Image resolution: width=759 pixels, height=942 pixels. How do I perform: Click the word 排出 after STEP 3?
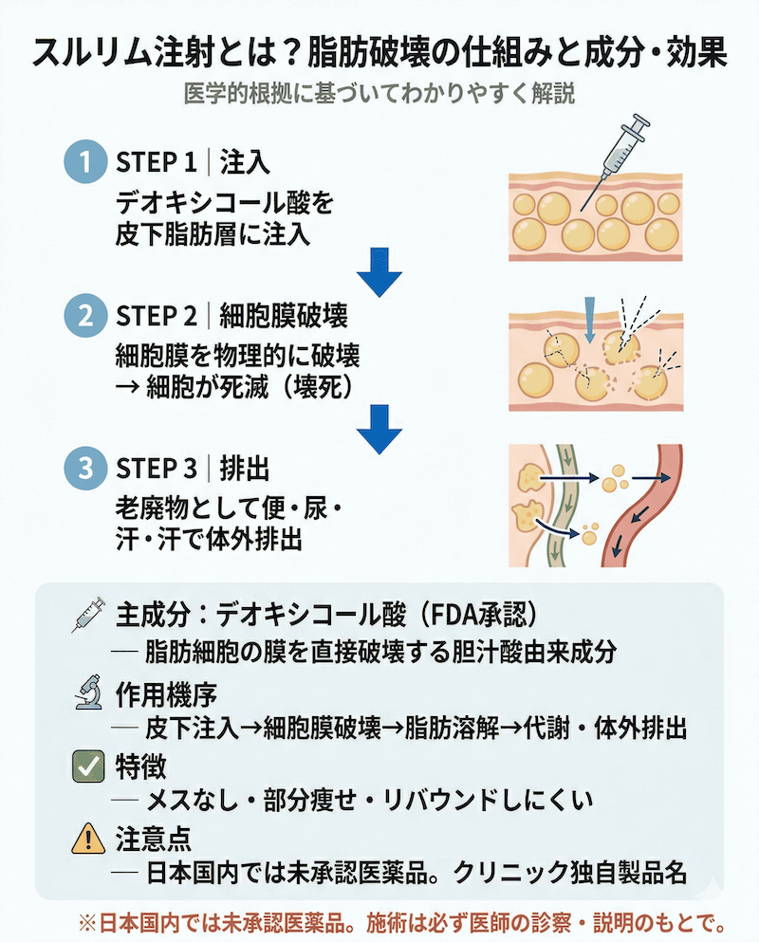click(x=245, y=468)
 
